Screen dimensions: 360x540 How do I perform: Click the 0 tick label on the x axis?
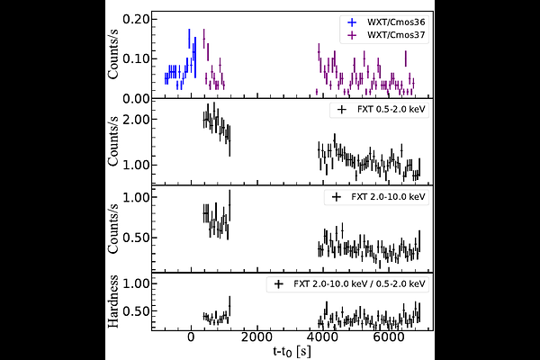(191, 337)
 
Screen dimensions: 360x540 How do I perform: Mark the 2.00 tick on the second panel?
(136, 119)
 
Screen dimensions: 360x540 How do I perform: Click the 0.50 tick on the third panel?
(136, 238)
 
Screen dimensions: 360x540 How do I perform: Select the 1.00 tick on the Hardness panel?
(136, 283)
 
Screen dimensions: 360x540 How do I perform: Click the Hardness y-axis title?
(115, 301)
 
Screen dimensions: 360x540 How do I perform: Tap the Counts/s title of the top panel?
(115, 54)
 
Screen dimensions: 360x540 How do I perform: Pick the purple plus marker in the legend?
(350, 34)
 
